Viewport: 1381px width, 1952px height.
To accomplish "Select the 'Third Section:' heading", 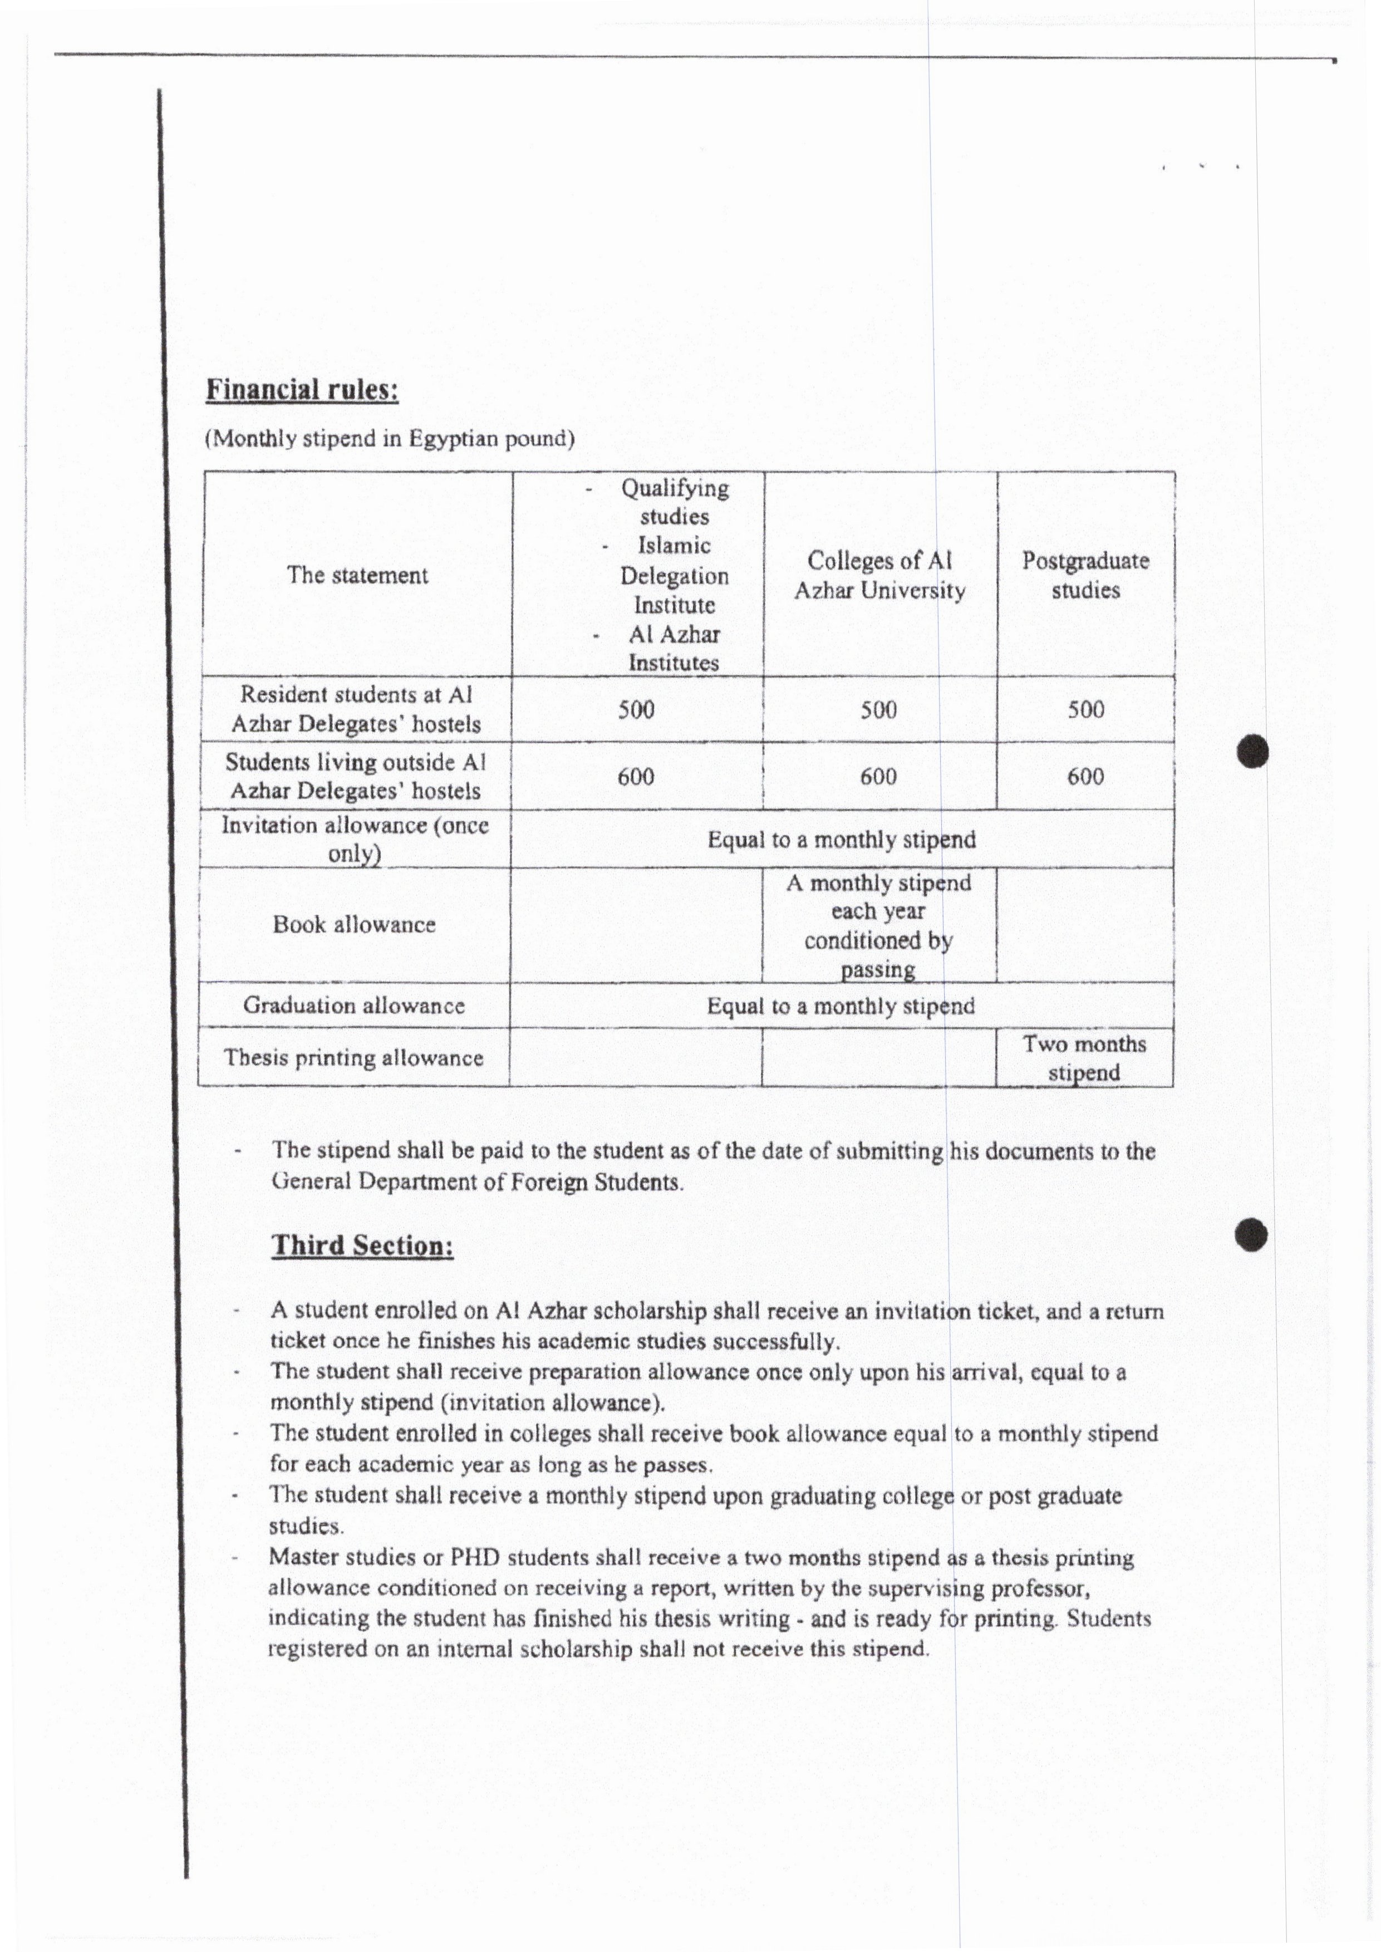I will [x=362, y=1245].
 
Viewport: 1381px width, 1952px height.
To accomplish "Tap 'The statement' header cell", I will [x=357, y=575].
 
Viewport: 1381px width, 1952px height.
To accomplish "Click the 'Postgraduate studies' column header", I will [x=1085, y=575].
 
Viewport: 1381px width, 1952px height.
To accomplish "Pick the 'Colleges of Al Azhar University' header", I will [x=879, y=575].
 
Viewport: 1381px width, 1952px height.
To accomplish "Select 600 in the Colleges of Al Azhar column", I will [x=878, y=777].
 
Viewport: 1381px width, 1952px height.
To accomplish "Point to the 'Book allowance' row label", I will [x=354, y=925].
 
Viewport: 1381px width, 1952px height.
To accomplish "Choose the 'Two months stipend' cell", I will [x=1084, y=1057].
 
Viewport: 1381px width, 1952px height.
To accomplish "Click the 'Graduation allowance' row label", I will [x=354, y=1006].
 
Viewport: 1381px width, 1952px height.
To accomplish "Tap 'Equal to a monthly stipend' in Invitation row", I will [x=841, y=840].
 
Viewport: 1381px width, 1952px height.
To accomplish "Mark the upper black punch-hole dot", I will [x=1252, y=752].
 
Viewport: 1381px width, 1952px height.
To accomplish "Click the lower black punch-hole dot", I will [x=1252, y=1234].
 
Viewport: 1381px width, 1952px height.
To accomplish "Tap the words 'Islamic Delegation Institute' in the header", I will [x=674, y=575].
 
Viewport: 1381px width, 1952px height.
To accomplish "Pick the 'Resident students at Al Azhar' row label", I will [x=356, y=709].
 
